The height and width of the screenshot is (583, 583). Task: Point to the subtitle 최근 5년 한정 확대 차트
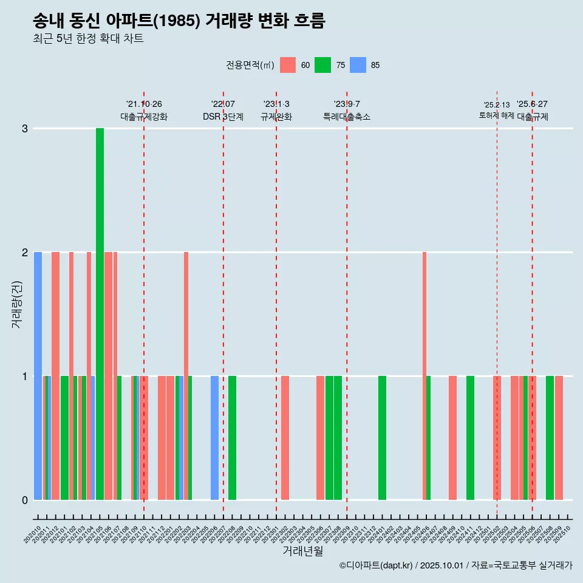[88, 39]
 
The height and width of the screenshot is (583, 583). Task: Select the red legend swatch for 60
[287, 65]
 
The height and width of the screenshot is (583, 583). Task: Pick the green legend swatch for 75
[322, 65]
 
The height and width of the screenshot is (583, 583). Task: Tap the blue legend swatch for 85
[358, 65]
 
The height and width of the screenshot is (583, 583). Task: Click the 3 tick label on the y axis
[25, 129]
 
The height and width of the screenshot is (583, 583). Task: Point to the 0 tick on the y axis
[25, 500]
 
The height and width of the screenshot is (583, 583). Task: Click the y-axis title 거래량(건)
[17, 304]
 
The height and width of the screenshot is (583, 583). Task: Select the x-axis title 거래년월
[302, 551]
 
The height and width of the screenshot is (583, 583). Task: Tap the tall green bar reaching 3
[100, 314]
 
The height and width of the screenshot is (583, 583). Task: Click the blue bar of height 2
[38, 376]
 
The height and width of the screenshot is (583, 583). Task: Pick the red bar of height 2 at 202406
[424, 376]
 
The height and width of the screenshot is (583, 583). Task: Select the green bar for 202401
[382, 438]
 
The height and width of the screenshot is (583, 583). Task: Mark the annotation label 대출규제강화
[144, 117]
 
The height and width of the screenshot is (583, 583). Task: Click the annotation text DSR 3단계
[223, 117]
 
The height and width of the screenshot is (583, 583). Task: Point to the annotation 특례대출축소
[346, 117]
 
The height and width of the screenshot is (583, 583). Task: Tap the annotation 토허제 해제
[496, 115]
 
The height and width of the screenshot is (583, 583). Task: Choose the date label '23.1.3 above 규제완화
[276, 104]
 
